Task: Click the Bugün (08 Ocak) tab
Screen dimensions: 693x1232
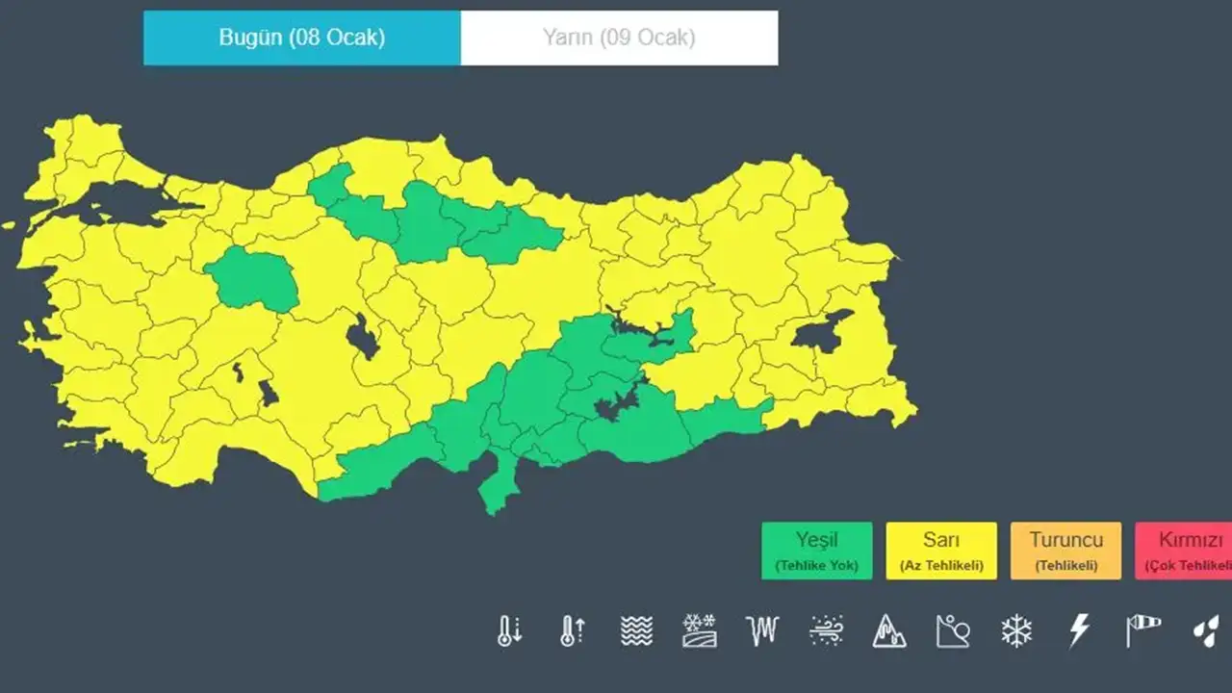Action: [x=302, y=38]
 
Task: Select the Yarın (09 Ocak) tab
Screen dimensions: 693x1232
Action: [x=619, y=38]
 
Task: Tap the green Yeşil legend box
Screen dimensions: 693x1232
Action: [x=816, y=551]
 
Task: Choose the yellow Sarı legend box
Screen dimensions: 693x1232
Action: [x=941, y=551]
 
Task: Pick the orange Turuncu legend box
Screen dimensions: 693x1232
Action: [x=1065, y=551]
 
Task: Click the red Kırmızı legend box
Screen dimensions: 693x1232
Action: [x=1185, y=551]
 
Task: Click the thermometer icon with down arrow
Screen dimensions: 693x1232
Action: [x=509, y=631]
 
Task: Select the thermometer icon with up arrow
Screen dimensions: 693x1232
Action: [x=573, y=631]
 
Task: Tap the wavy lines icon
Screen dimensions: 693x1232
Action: [x=636, y=631]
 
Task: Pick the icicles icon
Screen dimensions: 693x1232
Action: [x=761, y=631]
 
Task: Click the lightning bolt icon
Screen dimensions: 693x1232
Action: [x=1079, y=631]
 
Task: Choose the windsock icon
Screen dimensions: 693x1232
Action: [x=1142, y=631]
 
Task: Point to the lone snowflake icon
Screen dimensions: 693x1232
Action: [x=1016, y=631]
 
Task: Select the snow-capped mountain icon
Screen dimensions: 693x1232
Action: [x=889, y=631]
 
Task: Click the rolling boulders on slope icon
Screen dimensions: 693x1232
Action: [x=953, y=631]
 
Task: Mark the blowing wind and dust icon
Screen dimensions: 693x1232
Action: [x=826, y=631]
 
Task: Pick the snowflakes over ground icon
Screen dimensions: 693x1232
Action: [x=699, y=631]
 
